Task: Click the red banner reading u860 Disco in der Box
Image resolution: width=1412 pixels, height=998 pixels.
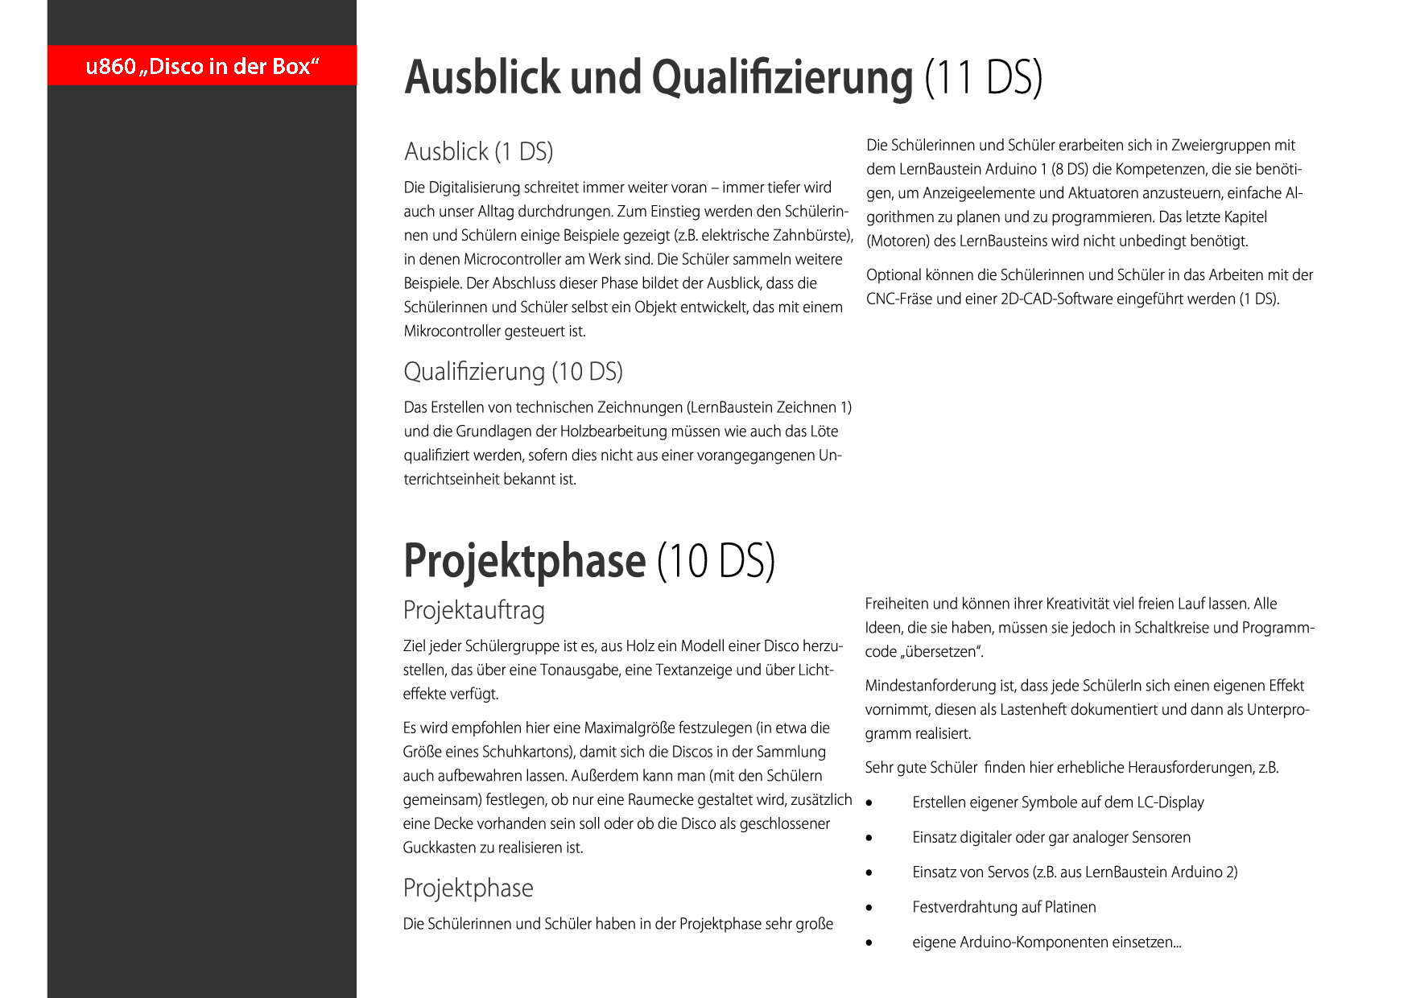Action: [202, 65]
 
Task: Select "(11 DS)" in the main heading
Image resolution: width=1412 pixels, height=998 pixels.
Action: [983, 78]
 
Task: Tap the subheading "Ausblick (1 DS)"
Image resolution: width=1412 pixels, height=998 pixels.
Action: [478, 151]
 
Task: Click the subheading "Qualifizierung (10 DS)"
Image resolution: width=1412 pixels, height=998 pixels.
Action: [513, 371]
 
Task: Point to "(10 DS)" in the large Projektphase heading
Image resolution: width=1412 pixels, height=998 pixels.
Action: [716, 561]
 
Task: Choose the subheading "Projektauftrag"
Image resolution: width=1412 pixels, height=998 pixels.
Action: [473, 610]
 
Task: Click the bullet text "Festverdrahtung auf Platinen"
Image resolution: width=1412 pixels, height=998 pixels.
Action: [1004, 907]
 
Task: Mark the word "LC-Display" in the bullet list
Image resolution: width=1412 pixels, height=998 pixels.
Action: [1170, 802]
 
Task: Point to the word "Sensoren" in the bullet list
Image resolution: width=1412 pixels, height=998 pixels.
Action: [1161, 837]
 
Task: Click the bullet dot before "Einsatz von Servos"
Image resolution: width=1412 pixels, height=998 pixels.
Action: [869, 872]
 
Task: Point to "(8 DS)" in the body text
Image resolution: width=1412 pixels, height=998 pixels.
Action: [1070, 169]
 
